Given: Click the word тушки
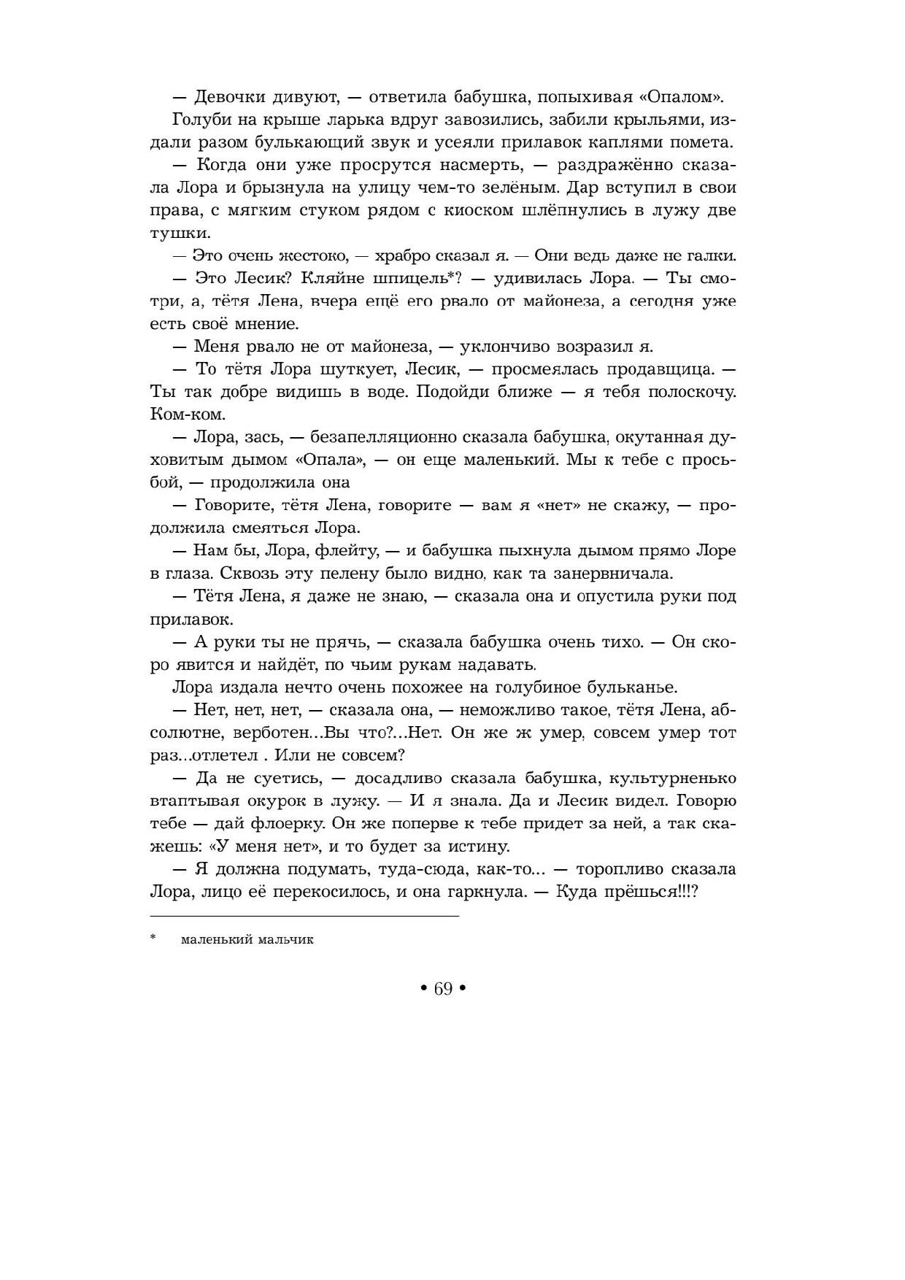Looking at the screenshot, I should pyautogui.click(x=180, y=233).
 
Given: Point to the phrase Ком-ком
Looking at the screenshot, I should pyautogui.click(x=188, y=415).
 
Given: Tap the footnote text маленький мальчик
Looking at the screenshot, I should pyautogui.click(x=247, y=940).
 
